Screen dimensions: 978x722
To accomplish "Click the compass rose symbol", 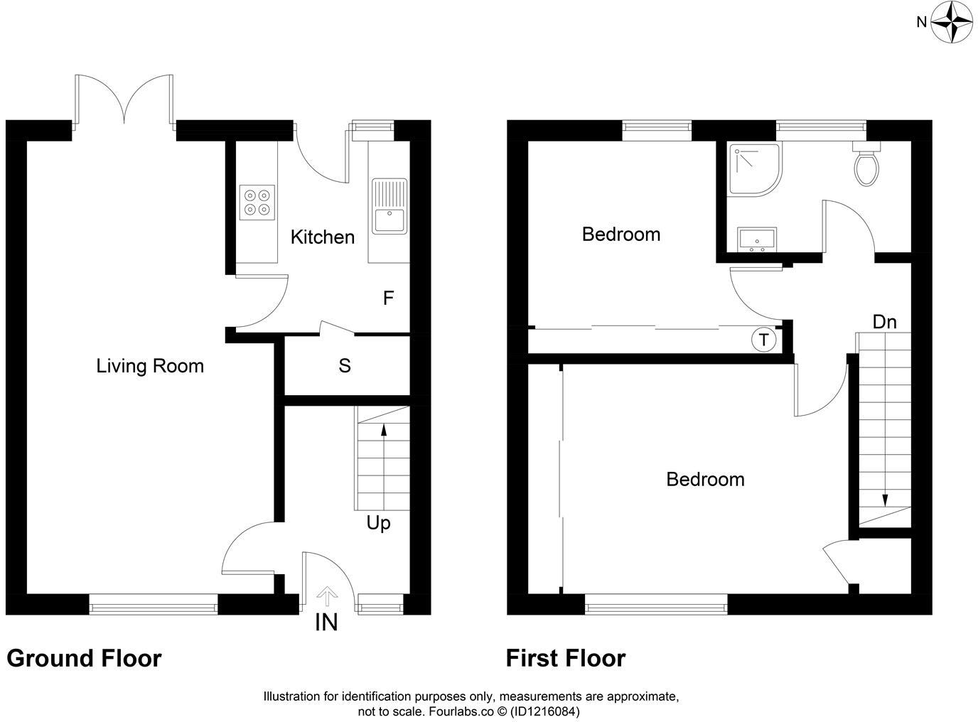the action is click(952, 22).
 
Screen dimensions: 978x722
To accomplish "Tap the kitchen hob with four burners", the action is click(257, 203).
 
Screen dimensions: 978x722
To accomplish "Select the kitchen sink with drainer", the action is click(389, 206).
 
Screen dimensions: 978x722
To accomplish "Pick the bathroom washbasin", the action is click(757, 240).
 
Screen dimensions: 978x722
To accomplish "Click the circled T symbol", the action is click(763, 340).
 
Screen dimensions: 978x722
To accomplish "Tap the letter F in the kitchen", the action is click(388, 298).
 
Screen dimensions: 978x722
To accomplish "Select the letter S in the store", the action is click(345, 366).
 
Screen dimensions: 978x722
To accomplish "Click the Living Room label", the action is click(150, 367).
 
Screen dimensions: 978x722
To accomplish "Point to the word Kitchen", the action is click(322, 237).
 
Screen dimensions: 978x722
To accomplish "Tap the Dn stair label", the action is click(884, 322).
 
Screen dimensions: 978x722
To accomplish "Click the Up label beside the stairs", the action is click(378, 524).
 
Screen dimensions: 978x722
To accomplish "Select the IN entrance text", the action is click(326, 623).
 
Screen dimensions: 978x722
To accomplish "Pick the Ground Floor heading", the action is click(84, 658).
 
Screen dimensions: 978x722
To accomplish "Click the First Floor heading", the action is click(566, 658).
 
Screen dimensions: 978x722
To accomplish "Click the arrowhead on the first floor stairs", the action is click(884, 500).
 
